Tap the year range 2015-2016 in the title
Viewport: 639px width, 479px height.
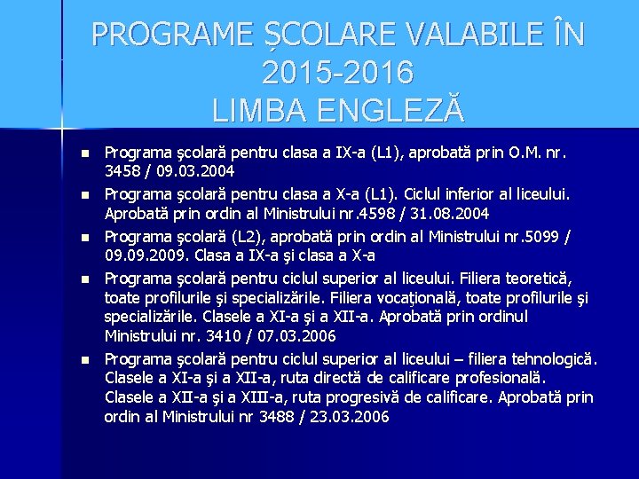tap(337, 71)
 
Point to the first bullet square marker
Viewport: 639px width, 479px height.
tap(84, 153)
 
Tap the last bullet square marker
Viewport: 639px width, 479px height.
tap(84, 361)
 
